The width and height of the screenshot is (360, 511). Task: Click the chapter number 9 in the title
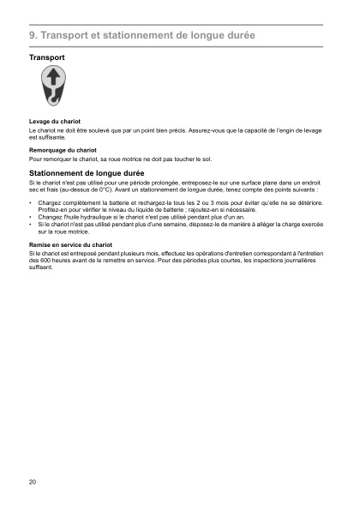32,35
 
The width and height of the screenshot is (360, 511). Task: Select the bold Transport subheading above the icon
47,57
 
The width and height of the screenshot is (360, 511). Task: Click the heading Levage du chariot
54,123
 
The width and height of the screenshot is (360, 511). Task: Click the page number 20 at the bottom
33,483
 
